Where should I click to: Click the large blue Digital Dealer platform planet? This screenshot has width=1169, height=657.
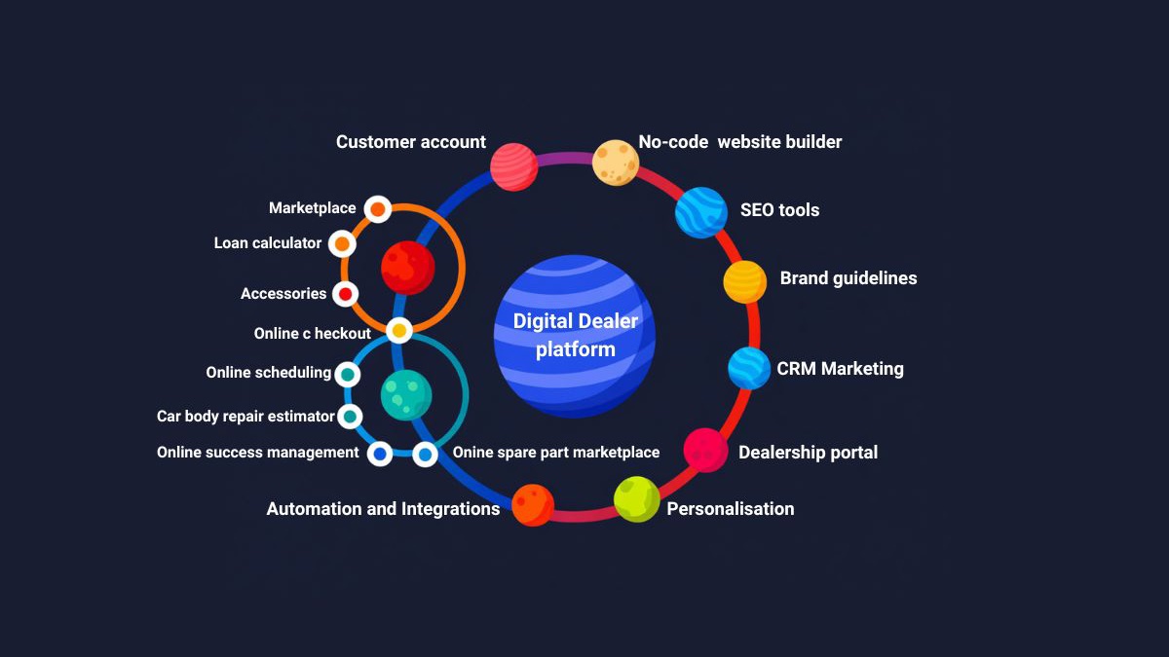point(575,337)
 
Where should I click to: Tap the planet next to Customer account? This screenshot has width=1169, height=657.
point(514,166)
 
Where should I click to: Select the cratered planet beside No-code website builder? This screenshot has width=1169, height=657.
point(616,163)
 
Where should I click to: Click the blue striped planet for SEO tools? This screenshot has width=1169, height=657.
point(701,212)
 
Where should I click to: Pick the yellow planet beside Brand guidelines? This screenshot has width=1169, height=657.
point(745,282)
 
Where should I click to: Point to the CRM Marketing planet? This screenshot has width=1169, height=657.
point(749,369)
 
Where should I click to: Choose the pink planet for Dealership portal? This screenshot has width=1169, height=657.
point(705,451)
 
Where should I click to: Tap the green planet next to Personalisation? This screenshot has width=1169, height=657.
point(637,499)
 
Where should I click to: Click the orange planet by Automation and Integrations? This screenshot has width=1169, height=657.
point(533,504)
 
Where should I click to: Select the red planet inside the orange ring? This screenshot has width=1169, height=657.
point(407,268)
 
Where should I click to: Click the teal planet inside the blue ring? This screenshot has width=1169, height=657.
point(406,395)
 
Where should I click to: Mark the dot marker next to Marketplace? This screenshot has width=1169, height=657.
point(377,209)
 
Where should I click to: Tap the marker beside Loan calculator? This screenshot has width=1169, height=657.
point(342,243)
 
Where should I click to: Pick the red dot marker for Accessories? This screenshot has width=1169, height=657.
point(345,293)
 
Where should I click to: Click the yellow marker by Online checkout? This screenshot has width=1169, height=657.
point(398,331)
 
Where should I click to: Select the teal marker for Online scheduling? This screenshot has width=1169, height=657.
point(347,374)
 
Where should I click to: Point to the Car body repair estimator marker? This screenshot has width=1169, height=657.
point(350,417)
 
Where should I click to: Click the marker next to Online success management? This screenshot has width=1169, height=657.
point(380,454)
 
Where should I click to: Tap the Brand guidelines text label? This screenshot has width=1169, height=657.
point(848,278)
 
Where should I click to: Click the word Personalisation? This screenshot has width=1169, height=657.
point(731,509)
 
